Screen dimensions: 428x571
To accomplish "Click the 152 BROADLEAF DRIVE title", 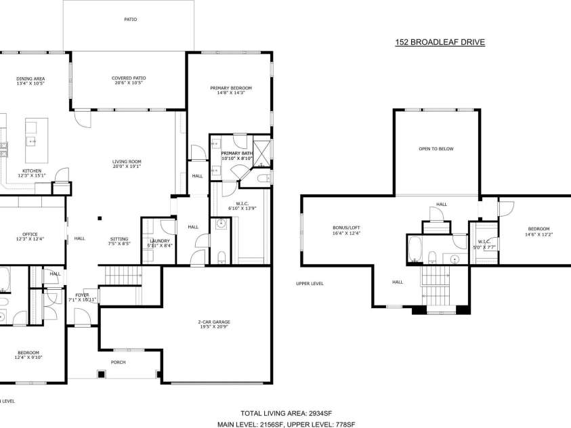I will point(440,42).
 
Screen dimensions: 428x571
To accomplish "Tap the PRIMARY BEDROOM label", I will point(230,88).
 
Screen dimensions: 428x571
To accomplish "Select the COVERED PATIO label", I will point(128,78).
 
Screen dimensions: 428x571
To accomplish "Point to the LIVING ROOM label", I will point(127,161).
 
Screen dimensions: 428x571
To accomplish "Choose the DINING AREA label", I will point(30,79).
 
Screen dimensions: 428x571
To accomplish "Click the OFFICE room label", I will point(30,234).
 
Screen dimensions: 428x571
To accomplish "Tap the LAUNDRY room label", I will point(158,241).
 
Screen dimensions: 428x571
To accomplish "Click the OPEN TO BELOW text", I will point(436,148).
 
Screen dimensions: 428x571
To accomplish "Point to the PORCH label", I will point(119,362).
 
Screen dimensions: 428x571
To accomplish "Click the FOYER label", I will point(82,295).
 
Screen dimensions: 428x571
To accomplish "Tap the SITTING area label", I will point(119,238).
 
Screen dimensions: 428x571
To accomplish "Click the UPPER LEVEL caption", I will point(310,284).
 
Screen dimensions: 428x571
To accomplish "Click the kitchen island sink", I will point(31,141).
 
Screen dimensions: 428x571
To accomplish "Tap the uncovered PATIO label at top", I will point(130,20).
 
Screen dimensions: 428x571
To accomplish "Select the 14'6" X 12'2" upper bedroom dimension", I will point(538,234).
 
